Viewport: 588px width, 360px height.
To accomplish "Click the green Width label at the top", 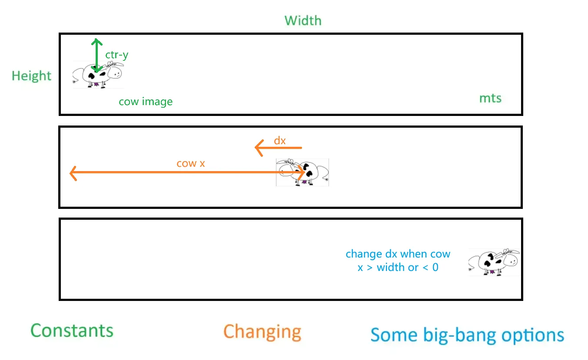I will click(303, 20).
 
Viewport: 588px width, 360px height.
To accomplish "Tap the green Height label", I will click(31, 76).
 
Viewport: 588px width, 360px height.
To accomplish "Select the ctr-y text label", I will click(117, 55).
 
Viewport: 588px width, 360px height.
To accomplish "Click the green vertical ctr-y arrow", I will click(96, 56).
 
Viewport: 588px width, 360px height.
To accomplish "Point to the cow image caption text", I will click(146, 102).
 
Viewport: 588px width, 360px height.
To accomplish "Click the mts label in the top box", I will click(490, 99).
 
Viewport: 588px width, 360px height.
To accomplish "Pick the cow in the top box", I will click(98, 75).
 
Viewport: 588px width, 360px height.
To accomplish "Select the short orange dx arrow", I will click(278, 148).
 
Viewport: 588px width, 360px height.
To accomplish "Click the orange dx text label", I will click(279, 140).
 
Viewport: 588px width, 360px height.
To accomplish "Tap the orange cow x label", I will click(190, 164).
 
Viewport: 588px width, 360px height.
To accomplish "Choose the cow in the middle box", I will click(302, 172).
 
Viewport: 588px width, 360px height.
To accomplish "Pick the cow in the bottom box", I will click(494, 262).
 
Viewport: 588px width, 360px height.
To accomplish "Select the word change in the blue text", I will click(360, 254).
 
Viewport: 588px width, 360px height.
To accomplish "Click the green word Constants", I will click(72, 331).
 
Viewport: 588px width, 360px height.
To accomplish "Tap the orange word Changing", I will click(262, 332).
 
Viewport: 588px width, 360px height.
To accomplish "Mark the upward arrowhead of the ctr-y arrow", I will click(96, 42).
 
